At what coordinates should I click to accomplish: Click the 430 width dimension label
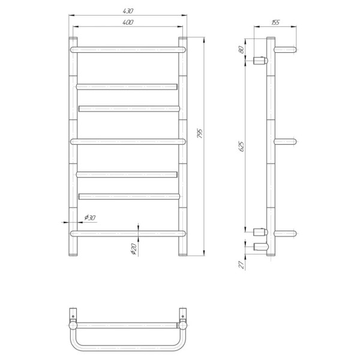click(128, 11)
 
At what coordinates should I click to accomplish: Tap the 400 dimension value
click(128, 22)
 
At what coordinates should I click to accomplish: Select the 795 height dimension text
click(200, 133)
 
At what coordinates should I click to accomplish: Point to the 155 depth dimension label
click(275, 22)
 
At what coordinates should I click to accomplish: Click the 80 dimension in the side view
click(241, 50)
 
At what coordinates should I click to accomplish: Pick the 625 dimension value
click(242, 147)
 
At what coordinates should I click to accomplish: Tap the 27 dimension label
click(242, 265)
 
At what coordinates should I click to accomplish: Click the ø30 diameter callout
click(90, 217)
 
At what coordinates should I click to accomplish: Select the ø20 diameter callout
click(134, 249)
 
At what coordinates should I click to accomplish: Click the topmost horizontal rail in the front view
click(128, 50)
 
